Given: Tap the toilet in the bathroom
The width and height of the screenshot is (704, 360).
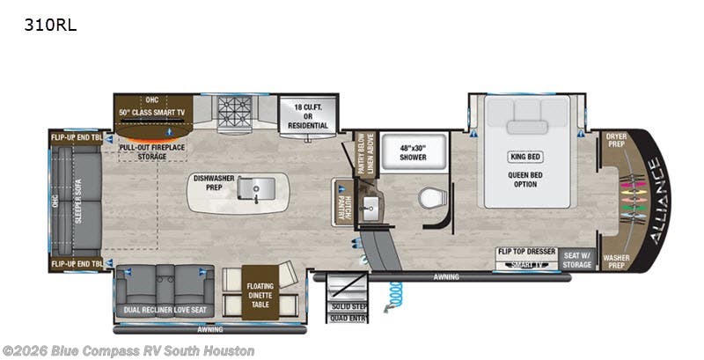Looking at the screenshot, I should (x=431, y=198).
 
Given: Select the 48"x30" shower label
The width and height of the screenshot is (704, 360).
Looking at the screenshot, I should (x=413, y=151).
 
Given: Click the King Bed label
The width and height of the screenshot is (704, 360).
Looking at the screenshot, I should (x=523, y=158).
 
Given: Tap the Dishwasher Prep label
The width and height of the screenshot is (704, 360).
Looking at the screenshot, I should (x=212, y=181).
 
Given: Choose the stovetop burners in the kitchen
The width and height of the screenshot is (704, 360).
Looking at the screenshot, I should (x=234, y=113).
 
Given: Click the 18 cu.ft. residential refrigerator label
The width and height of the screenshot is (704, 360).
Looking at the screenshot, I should (x=304, y=116).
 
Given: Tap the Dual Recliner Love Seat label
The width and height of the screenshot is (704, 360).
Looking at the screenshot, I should (x=159, y=310).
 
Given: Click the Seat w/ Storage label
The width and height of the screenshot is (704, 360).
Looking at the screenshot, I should (x=579, y=255).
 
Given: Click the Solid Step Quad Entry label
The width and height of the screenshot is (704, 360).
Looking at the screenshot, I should (x=344, y=312).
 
